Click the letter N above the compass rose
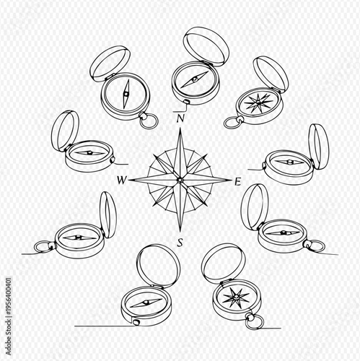[180, 116]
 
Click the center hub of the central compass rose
[180, 179]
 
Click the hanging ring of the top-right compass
[231, 123]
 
